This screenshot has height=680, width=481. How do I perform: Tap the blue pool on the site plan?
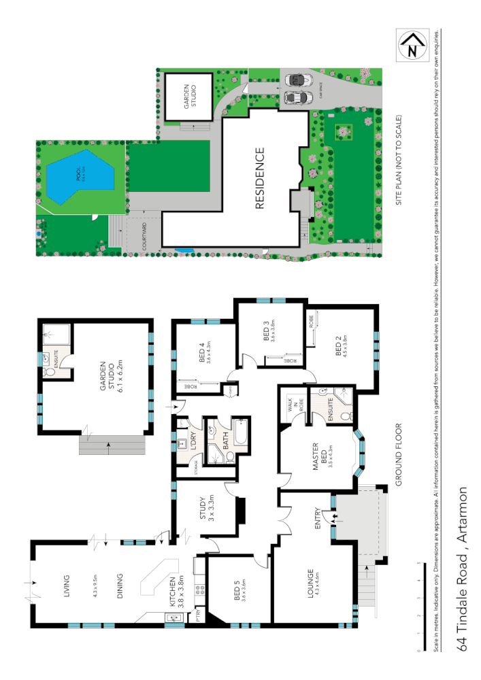click(77, 177)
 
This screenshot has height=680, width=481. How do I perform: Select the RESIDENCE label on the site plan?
click(259, 179)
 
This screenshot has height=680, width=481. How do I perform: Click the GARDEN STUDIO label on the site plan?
click(190, 98)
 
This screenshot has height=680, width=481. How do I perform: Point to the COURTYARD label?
click(145, 237)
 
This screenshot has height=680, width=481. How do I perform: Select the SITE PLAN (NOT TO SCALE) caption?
click(401, 160)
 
